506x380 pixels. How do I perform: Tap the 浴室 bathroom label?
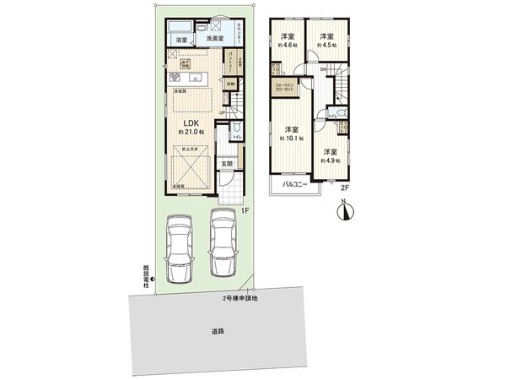click(x=181, y=40)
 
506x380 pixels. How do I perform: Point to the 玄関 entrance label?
click(x=227, y=164)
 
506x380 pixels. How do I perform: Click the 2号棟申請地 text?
click(x=240, y=297)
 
